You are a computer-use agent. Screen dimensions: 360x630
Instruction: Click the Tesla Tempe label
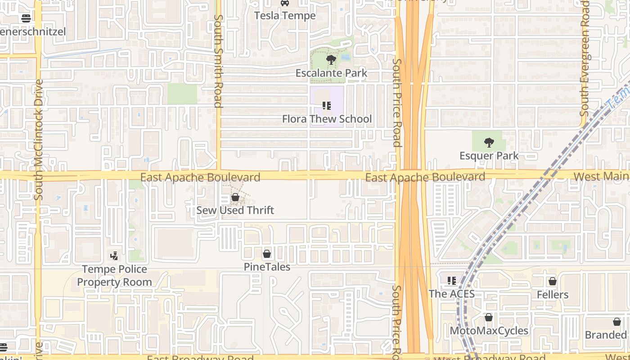285,16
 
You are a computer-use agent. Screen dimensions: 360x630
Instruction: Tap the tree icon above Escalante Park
331,60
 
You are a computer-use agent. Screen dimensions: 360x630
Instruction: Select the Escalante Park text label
331,73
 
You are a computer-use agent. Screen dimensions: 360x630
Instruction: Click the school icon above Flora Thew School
327,106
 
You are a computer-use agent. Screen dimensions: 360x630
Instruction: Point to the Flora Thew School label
327,119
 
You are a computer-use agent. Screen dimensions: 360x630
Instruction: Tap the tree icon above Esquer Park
489,143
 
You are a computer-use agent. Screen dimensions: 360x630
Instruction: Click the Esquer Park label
489,156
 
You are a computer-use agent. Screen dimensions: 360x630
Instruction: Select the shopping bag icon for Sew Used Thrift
235,197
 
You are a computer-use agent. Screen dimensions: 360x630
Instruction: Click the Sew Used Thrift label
235,210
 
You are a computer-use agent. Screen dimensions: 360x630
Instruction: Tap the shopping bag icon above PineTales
267,254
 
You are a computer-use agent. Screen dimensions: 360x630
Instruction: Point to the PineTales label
267,267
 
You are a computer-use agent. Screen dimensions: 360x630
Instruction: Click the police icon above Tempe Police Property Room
114,256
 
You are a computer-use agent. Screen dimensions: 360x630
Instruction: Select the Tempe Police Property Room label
114,275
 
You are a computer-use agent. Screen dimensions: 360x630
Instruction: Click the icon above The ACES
452,281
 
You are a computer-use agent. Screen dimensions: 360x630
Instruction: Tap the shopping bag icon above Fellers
553,281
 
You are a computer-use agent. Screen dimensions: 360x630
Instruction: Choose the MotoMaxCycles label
489,331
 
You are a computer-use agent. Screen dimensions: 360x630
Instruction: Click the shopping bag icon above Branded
616,322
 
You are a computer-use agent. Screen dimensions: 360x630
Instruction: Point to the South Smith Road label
218,61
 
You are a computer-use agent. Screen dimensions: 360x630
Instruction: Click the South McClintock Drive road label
39,139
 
